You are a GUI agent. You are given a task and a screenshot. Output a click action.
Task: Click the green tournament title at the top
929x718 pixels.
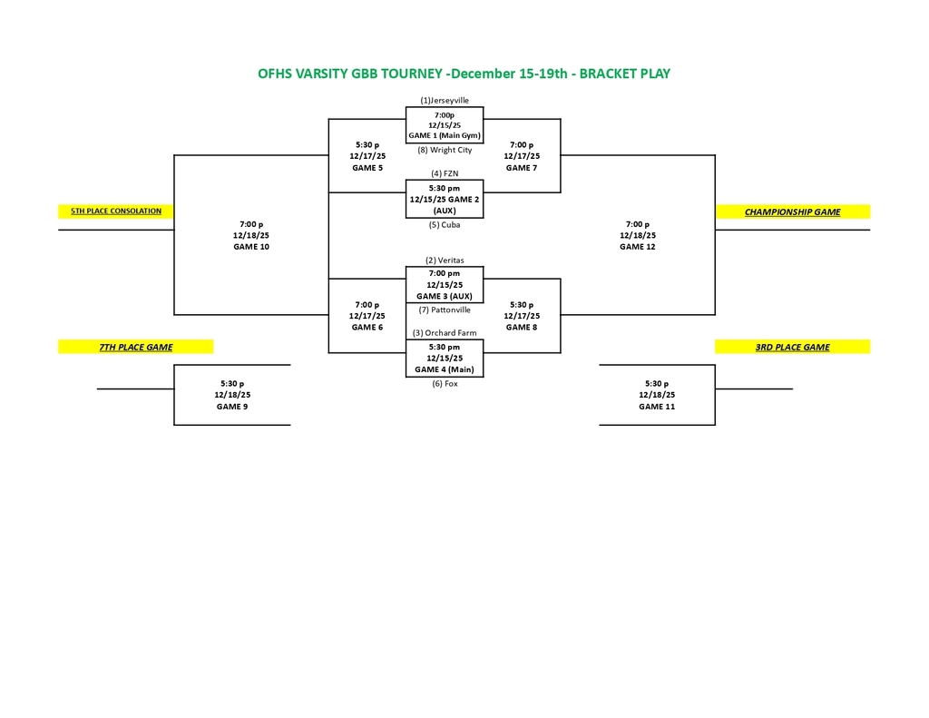(464, 74)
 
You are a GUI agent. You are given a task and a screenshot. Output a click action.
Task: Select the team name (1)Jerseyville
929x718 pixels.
(445, 100)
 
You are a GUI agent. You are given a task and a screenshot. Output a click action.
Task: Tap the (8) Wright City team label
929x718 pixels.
(445, 150)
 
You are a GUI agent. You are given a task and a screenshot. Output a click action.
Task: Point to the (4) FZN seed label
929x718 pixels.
(445, 173)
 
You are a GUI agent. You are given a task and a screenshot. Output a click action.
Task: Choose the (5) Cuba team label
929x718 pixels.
(445, 224)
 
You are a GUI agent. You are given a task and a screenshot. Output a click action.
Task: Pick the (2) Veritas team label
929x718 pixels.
(445, 261)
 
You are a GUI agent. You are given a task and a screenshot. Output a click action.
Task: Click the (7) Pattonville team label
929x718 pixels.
(445, 310)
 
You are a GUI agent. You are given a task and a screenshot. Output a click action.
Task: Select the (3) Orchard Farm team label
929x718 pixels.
(445, 333)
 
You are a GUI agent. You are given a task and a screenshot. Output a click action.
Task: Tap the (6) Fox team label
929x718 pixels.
(445, 384)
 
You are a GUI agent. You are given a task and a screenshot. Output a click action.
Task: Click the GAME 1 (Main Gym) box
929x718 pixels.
(445, 125)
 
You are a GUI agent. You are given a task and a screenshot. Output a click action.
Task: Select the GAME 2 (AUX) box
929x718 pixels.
(445, 199)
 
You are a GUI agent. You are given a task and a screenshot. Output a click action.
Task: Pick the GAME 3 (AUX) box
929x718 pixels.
(445, 284)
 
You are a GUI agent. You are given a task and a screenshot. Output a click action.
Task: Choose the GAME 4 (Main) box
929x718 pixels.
(445, 358)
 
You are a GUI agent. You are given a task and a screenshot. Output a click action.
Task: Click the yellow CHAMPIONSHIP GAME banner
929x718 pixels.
(792, 212)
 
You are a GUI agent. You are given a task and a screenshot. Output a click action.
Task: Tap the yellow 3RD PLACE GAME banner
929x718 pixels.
(792, 347)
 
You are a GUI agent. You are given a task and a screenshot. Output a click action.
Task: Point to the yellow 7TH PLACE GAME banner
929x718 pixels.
(136, 347)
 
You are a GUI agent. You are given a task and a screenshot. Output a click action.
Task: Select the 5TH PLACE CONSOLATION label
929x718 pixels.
(116, 211)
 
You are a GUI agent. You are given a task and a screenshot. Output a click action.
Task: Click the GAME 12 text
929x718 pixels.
(638, 247)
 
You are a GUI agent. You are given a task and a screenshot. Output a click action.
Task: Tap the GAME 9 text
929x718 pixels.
(232, 407)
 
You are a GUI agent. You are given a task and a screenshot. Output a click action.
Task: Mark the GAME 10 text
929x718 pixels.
(251, 247)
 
